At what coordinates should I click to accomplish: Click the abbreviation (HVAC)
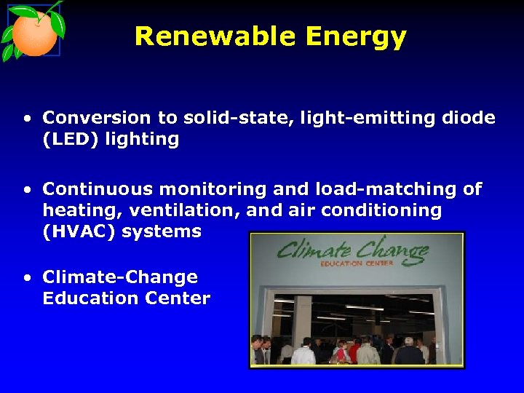click(79, 232)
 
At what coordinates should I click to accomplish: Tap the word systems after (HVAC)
click(162, 232)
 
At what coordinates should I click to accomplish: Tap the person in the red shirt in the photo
click(355, 351)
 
